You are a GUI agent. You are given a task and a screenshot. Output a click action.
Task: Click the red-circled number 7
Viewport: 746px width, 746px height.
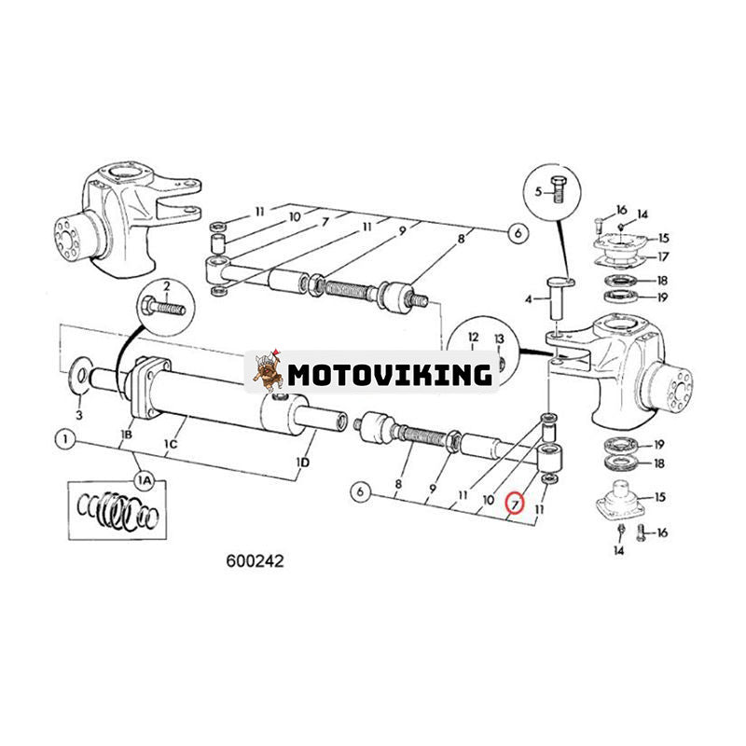point(515,504)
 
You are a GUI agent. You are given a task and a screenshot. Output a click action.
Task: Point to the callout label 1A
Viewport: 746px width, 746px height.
point(142,478)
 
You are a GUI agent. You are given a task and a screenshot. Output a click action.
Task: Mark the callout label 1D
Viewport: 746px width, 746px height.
point(303,462)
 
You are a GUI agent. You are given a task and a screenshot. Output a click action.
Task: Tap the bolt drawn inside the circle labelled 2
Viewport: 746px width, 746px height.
point(167,305)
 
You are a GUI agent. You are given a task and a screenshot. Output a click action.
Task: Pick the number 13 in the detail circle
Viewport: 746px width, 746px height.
point(498,338)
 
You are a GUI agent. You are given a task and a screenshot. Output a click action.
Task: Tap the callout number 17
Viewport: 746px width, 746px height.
point(663,256)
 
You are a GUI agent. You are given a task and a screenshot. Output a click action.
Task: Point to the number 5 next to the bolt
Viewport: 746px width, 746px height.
point(538,191)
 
